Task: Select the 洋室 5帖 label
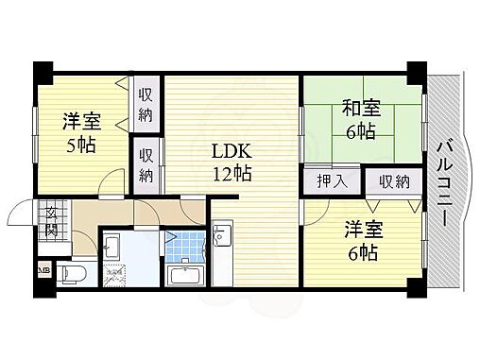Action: [82, 133]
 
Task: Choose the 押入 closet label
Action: [322, 180]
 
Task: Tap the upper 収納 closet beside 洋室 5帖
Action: [146, 105]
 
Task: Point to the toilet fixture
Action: [70, 272]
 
